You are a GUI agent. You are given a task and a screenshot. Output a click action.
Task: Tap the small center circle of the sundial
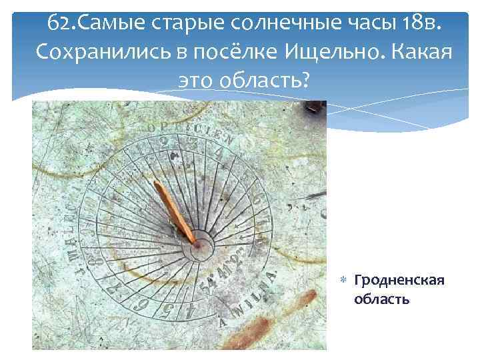(x=198, y=247)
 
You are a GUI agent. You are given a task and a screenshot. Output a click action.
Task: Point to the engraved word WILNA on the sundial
(x=255, y=294)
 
